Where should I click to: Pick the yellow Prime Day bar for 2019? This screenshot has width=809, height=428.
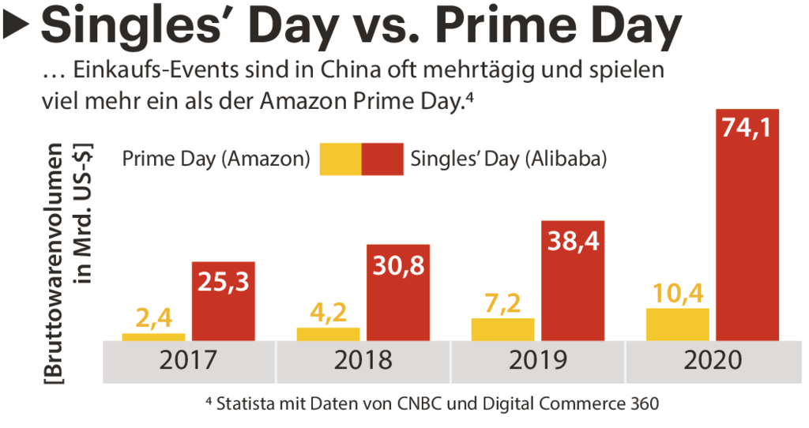click(x=502, y=329)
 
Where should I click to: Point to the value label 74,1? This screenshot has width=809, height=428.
click(x=747, y=129)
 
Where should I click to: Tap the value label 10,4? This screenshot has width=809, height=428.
click(x=677, y=294)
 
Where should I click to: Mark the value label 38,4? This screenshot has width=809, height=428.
click(x=573, y=242)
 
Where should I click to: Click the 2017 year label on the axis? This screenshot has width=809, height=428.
click(x=188, y=361)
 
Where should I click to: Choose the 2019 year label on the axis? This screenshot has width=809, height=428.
click(x=537, y=361)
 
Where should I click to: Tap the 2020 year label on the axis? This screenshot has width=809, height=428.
click(x=712, y=361)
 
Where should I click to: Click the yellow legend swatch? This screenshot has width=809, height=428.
click(x=341, y=159)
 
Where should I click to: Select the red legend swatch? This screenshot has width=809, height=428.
click(x=382, y=159)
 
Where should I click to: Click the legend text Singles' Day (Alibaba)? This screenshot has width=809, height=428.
click(x=509, y=159)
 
